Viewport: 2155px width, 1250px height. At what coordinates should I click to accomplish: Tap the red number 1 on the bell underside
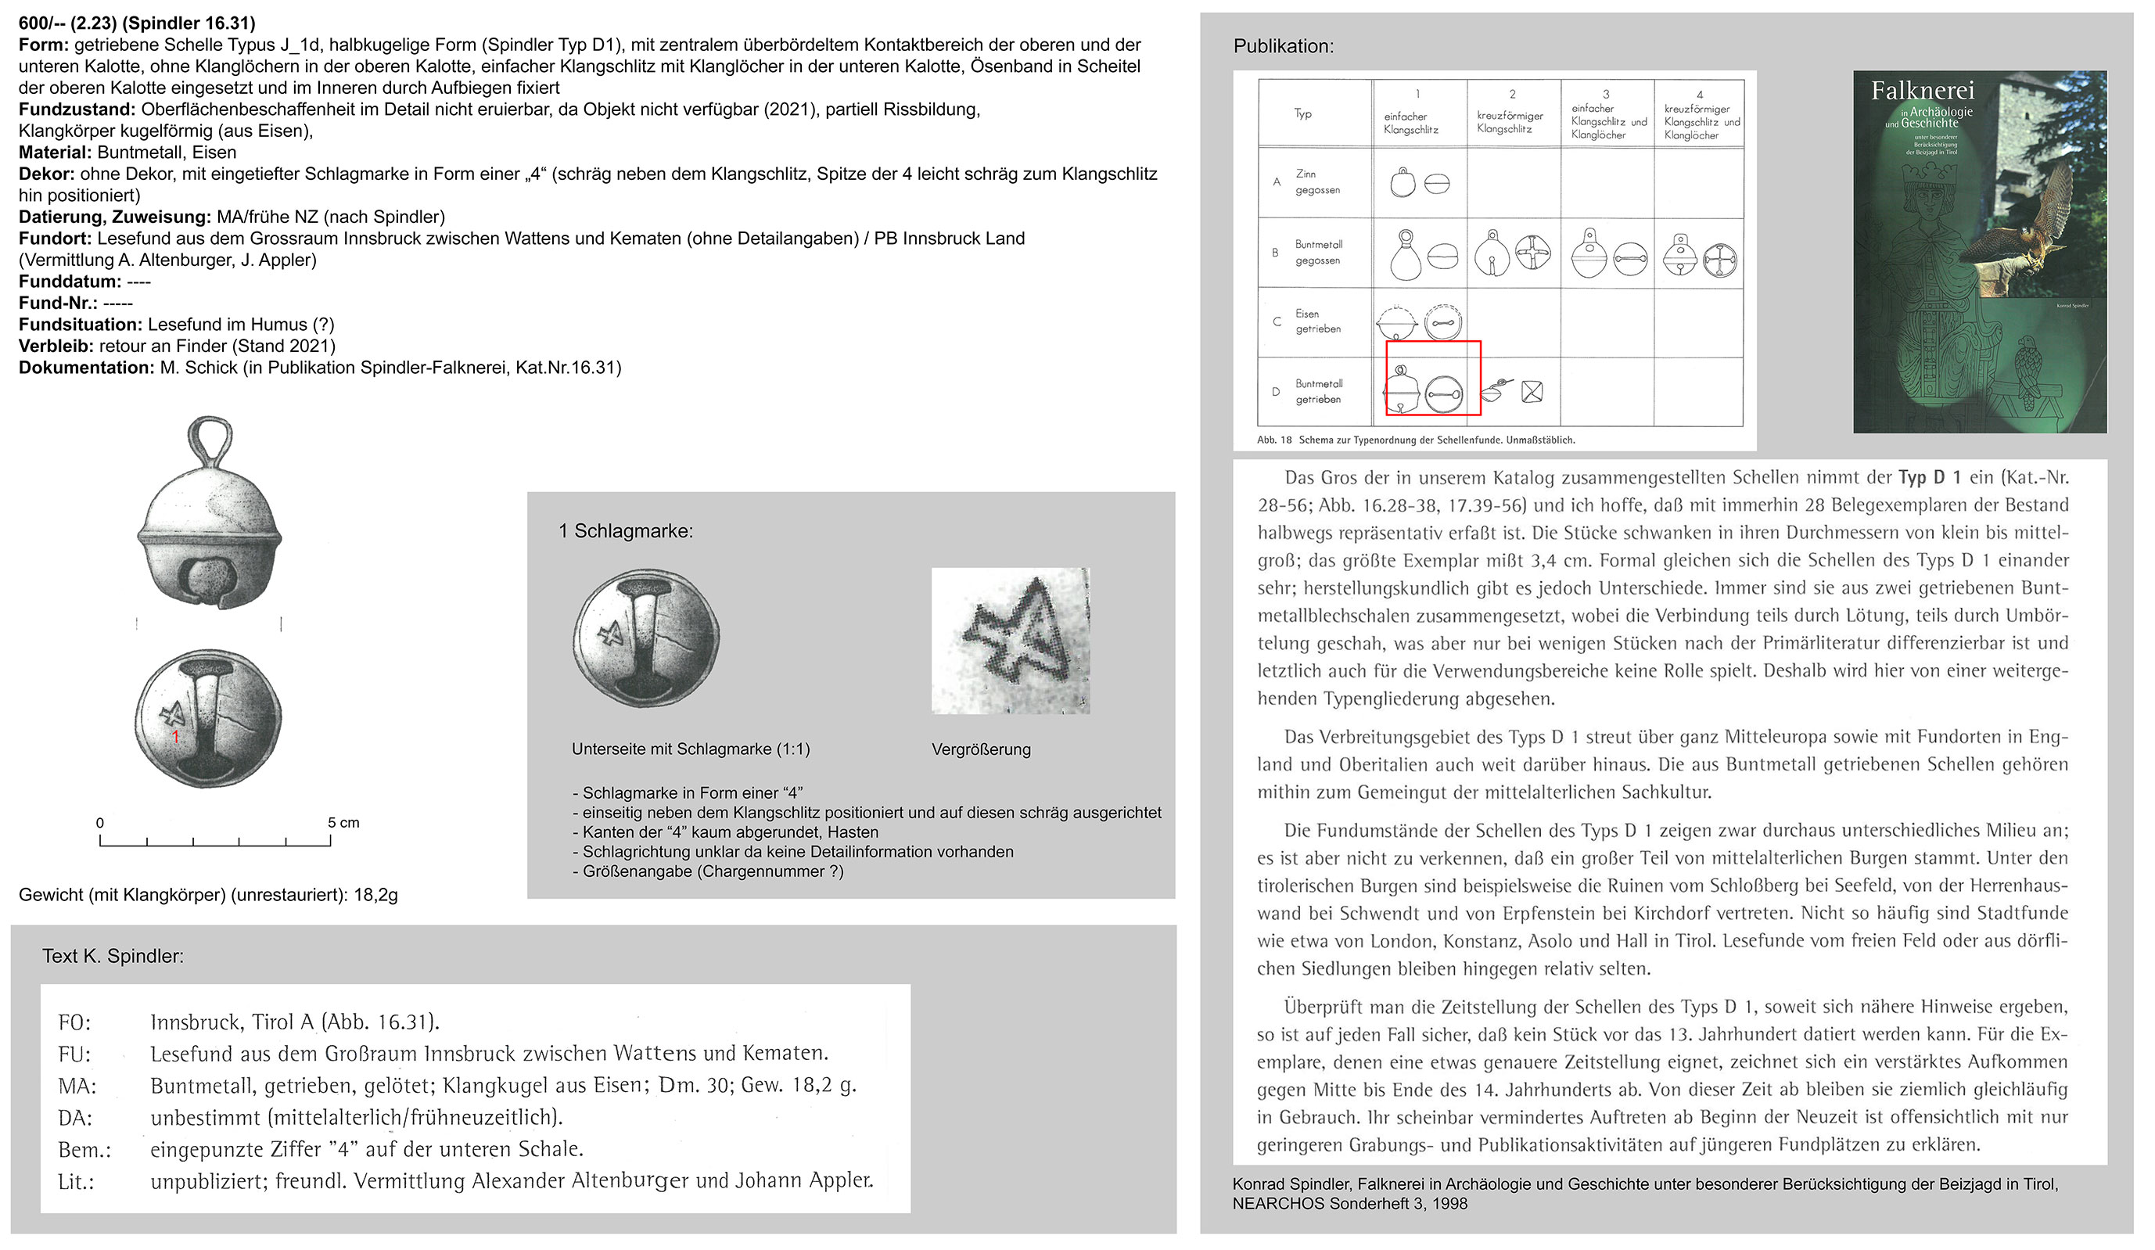point(175,736)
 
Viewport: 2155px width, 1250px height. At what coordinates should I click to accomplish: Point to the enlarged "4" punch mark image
point(1010,641)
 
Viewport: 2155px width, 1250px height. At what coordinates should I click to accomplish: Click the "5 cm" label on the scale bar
point(343,822)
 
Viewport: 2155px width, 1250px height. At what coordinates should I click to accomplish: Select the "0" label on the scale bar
point(100,822)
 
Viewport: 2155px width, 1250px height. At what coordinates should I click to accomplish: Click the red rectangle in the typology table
point(1432,378)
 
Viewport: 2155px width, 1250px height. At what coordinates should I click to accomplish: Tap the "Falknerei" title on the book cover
point(1922,91)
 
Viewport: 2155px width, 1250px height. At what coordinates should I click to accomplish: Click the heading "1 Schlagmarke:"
point(625,531)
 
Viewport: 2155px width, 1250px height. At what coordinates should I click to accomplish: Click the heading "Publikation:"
point(1283,46)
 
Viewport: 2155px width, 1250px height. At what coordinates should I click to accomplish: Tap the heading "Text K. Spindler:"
point(113,956)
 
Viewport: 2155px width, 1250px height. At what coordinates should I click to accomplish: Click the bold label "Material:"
point(55,153)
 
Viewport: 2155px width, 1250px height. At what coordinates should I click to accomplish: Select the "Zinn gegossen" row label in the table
point(1317,182)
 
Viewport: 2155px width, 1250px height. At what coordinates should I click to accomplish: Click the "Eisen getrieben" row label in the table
point(1317,321)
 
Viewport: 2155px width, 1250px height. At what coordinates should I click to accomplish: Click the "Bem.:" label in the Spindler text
point(84,1150)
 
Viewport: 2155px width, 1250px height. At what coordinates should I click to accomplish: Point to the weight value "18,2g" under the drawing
point(375,895)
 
